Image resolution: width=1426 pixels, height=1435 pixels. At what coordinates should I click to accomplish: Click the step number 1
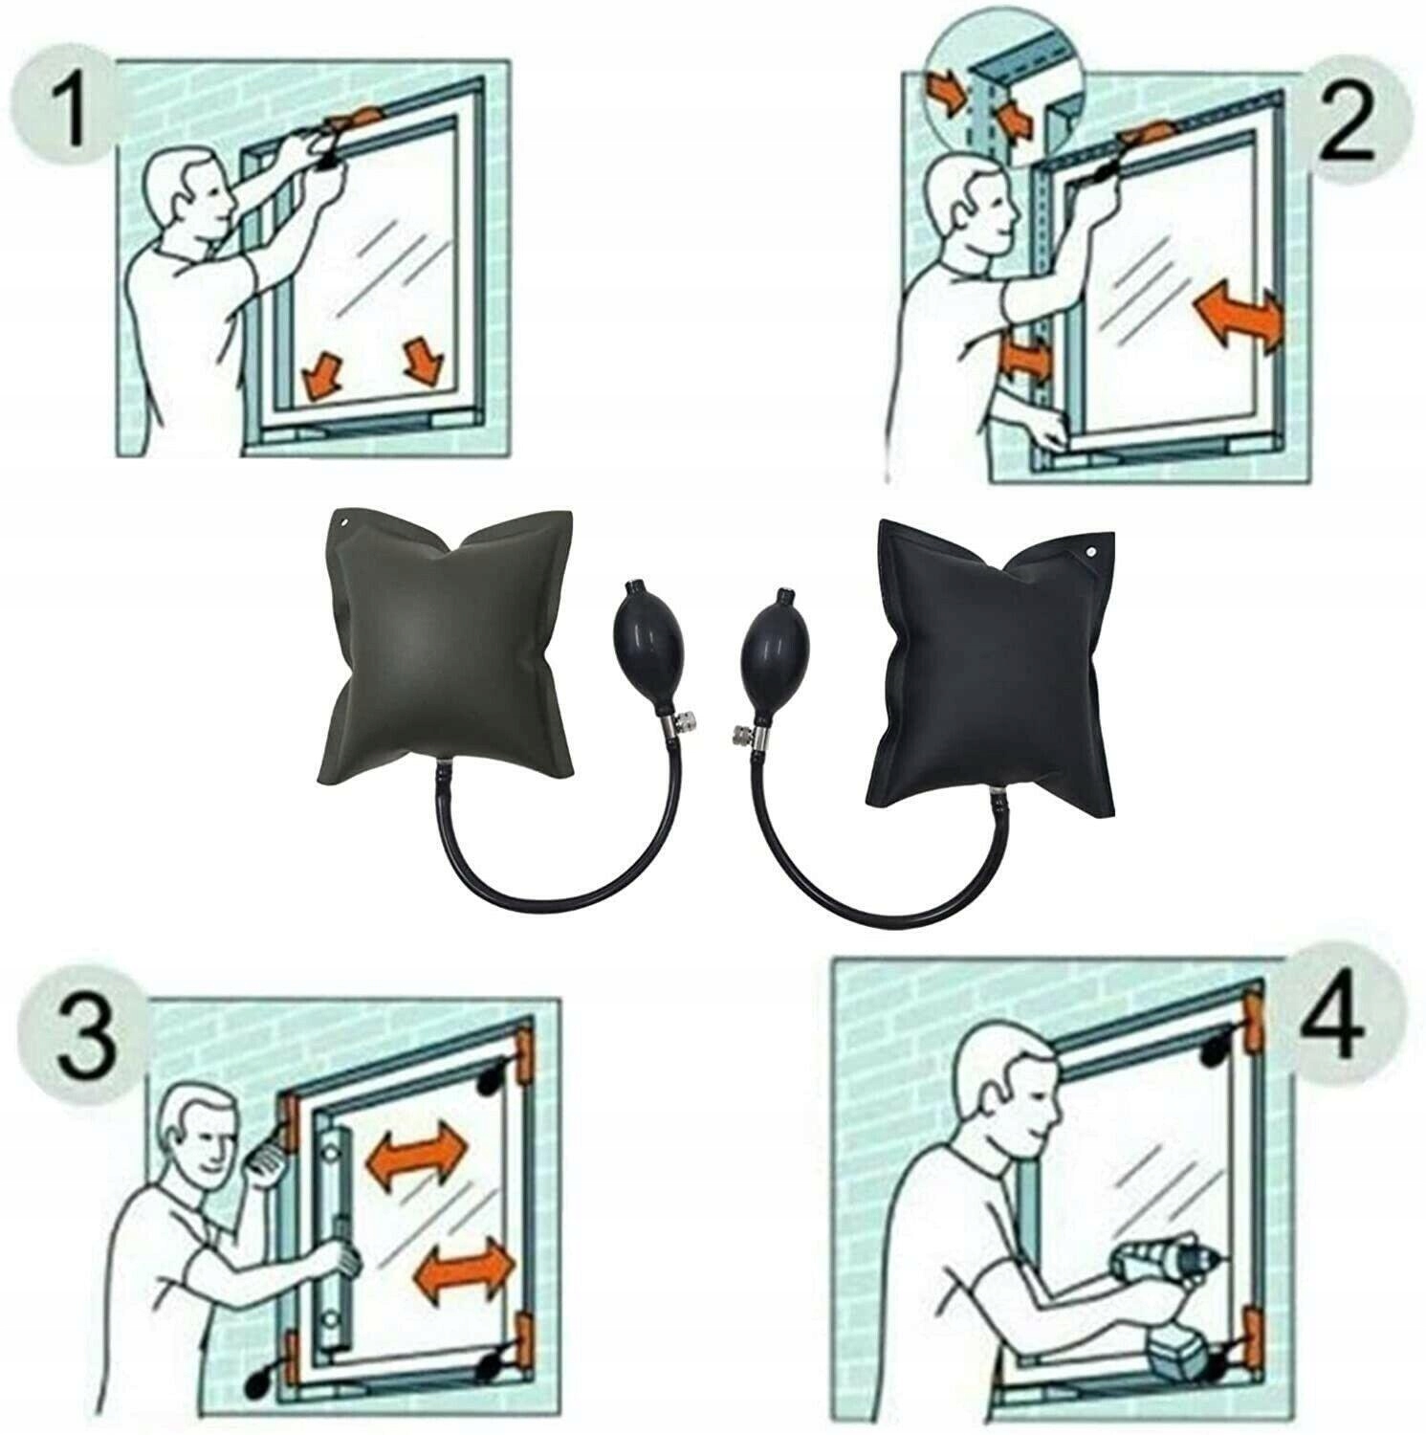coord(73,113)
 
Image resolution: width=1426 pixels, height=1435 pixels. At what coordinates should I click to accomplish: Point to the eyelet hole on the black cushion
coord(1088,553)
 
